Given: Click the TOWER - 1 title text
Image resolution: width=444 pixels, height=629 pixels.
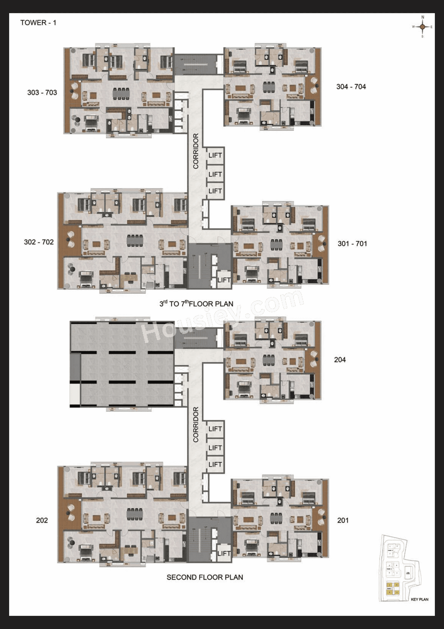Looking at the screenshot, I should pos(38,23).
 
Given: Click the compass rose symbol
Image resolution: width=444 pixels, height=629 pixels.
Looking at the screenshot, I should pos(422,27).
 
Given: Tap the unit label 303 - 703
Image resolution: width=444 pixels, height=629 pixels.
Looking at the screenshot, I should pos(42,93).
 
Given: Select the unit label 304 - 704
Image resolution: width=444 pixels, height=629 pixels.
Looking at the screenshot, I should pos(351,87).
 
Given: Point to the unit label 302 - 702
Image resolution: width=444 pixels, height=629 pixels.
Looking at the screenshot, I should pos(39,242).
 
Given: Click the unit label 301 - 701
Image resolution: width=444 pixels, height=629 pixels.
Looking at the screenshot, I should pos(352,244).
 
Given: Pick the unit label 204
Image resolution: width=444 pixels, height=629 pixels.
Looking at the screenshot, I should pos(340,360).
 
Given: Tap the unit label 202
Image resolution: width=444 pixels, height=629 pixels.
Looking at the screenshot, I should pos(42,520).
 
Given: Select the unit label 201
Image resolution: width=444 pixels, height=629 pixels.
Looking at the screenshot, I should pos(343,520).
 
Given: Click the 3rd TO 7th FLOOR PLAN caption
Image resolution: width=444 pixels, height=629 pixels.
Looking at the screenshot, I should pos(196,304).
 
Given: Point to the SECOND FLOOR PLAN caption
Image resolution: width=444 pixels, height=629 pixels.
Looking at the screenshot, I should pos(205,577).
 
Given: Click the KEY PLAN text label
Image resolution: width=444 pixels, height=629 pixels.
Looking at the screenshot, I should pos(419,599).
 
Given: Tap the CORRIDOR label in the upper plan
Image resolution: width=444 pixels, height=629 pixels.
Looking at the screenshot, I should pos(196,151).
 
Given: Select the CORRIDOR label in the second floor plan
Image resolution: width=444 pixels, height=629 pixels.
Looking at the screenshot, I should pos(196,425).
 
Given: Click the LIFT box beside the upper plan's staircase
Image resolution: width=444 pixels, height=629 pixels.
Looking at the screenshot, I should pos(224,280).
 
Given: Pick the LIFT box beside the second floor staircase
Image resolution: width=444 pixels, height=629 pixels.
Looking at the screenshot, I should pos(224,553).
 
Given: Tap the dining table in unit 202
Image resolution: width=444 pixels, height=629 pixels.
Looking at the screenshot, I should pos(135,514).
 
